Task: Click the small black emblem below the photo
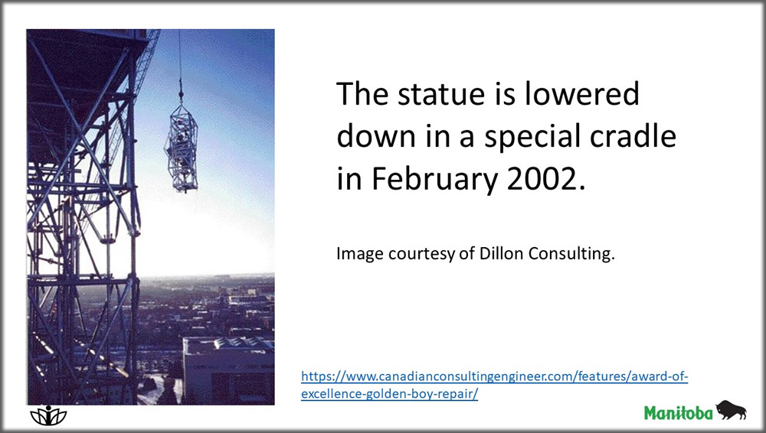[x=48, y=415]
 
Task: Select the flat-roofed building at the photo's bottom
[x=228, y=367]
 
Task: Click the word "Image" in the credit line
[x=355, y=254]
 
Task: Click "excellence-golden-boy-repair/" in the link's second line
[x=389, y=395]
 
